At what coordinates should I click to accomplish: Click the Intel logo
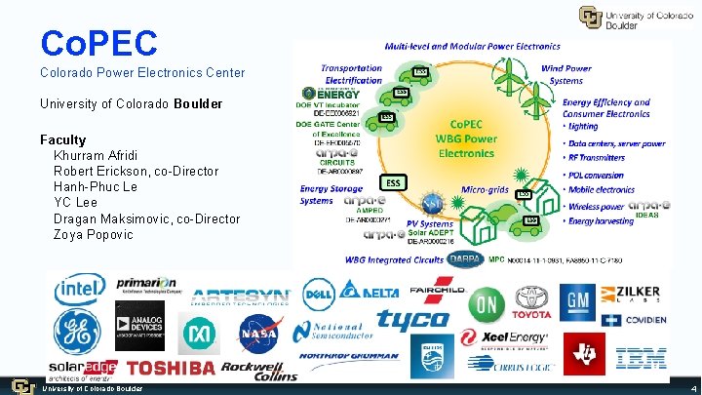[81, 289]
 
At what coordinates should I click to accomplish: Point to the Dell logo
[319, 290]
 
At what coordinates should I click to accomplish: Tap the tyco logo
[412, 320]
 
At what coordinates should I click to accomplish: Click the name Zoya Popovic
[94, 235]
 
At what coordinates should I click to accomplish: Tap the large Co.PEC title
[98, 42]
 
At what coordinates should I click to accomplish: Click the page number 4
[692, 388]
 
